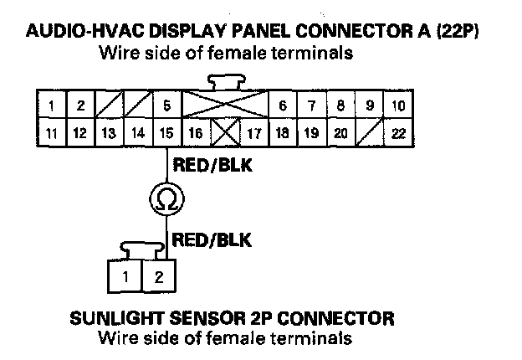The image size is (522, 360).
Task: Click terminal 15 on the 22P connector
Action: (167, 132)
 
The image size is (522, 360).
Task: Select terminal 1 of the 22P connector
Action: (53, 106)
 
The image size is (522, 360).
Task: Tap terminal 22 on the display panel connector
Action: (398, 132)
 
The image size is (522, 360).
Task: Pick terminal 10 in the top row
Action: (398, 106)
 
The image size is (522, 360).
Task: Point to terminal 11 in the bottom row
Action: (53, 132)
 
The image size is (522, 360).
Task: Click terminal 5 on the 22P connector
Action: (167, 106)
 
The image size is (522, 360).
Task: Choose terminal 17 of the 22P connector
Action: (254, 132)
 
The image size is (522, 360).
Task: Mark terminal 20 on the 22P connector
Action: (340, 132)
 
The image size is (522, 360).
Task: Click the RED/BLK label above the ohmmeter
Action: (212, 166)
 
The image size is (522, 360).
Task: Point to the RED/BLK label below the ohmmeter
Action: (212, 240)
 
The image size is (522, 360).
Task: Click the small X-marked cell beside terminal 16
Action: (225, 132)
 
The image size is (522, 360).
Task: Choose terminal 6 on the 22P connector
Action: (283, 106)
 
